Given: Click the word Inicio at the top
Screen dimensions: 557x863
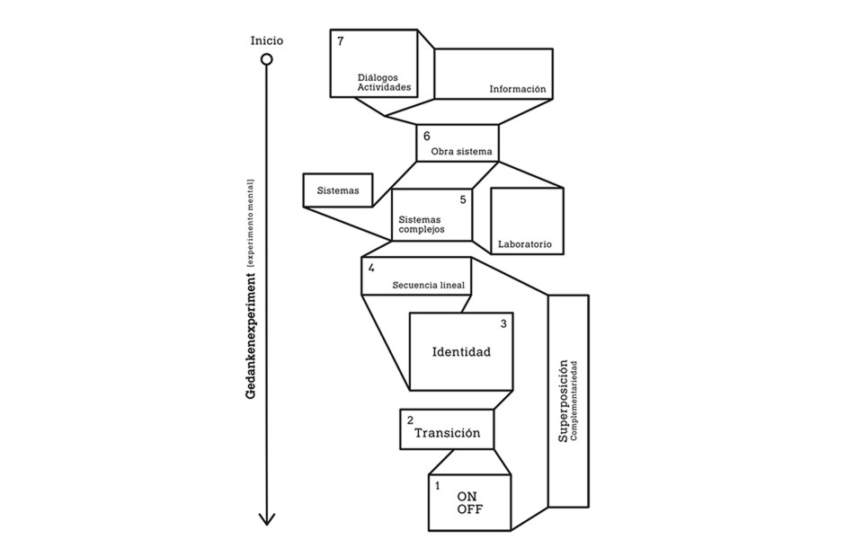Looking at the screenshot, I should click(x=267, y=40).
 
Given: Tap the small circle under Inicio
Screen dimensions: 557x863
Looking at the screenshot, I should click(x=267, y=60).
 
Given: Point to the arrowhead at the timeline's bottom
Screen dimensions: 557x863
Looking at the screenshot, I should click(x=267, y=518).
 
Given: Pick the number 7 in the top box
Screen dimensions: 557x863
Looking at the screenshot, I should click(x=341, y=41).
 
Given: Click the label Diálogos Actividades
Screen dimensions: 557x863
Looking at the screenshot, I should click(x=384, y=83).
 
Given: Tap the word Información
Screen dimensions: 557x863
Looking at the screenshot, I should click(x=518, y=89).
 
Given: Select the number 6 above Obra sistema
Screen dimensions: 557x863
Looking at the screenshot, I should click(x=427, y=137).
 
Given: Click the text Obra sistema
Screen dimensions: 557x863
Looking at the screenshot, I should click(x=462, y=152).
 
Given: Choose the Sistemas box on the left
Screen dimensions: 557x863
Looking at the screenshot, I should click(x=338, y=190).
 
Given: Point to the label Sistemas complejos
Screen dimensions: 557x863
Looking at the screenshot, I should click(x=423, y=224).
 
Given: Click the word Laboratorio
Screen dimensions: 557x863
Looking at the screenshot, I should click(x=525, y=244).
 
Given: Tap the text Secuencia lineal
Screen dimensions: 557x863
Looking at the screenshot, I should click(x=428, y=285).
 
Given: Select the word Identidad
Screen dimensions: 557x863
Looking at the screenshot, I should click(x=461, y=351).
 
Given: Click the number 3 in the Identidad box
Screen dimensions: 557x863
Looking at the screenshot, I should click(x=503, y=323).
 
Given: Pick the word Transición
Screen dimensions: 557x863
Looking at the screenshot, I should click(x=447, y=433).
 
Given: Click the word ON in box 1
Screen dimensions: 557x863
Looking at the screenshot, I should click(x=467, y=497).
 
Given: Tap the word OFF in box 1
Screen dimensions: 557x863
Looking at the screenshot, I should click(x=469, y=509).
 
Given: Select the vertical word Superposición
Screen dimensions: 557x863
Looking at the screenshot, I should click(x=564, y=401).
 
